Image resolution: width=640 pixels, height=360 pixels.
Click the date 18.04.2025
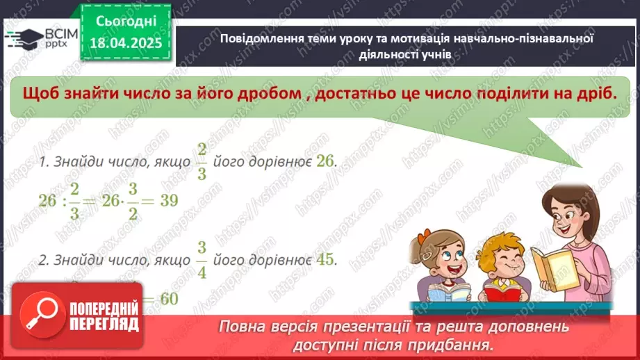(126, 42)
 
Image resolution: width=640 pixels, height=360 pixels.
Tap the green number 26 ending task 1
(325, 161)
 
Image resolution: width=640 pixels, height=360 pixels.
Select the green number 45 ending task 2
(325, 259)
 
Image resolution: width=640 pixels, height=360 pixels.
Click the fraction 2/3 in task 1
(202, 161)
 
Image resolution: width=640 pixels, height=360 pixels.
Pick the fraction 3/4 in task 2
(202, 259)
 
